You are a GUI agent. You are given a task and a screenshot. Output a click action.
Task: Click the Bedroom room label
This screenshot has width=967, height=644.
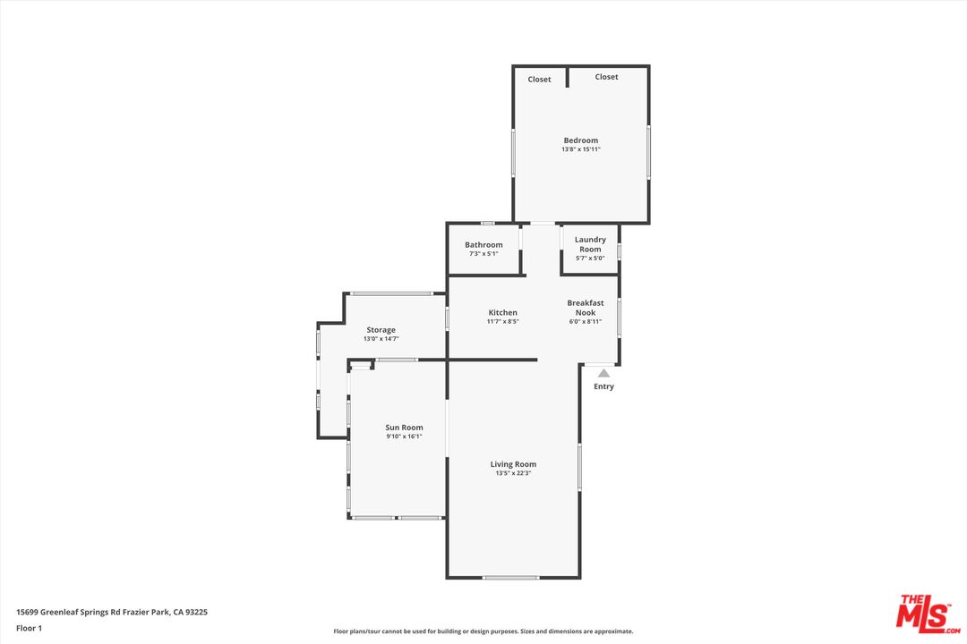click(580, 140)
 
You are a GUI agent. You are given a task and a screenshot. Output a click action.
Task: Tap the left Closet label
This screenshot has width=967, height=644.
click(539, 80)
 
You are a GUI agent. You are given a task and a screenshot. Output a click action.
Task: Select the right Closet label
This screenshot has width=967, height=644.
click(606, 77)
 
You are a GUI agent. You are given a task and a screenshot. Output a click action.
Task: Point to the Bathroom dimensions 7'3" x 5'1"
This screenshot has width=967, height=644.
click(483, 254)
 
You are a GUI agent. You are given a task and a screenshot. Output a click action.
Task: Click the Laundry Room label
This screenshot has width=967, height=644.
click(590, 244)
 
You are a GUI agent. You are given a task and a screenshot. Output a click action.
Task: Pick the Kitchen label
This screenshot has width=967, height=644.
click(502, 312)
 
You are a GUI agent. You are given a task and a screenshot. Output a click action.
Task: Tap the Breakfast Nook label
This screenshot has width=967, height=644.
click(585, 308)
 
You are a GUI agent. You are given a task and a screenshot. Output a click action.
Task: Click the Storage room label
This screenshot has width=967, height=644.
click(381, 330)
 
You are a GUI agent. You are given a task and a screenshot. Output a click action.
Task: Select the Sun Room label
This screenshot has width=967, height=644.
click(404, 428)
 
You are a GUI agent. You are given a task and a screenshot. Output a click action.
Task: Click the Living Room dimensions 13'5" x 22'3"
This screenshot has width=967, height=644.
click(513, 473)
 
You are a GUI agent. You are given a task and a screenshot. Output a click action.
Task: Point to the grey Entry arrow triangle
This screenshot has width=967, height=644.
click(604, 373)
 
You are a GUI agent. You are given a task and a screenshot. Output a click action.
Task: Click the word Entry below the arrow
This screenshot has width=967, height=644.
click(603, 386)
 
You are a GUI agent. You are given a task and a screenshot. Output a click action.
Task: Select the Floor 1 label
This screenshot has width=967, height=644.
click(29, 628)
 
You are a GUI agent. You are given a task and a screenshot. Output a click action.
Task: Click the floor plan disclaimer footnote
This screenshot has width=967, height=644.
click(483, 631)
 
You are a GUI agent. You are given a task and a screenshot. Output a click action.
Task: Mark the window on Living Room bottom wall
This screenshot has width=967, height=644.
click(510, 578)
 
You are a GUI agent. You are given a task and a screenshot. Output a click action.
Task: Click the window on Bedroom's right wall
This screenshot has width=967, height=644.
click(648, 152)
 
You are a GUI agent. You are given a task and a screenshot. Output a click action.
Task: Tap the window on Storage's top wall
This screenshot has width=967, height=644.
click(391, 293)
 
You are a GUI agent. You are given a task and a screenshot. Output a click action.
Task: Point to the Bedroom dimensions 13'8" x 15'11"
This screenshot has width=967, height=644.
click(580, 149)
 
